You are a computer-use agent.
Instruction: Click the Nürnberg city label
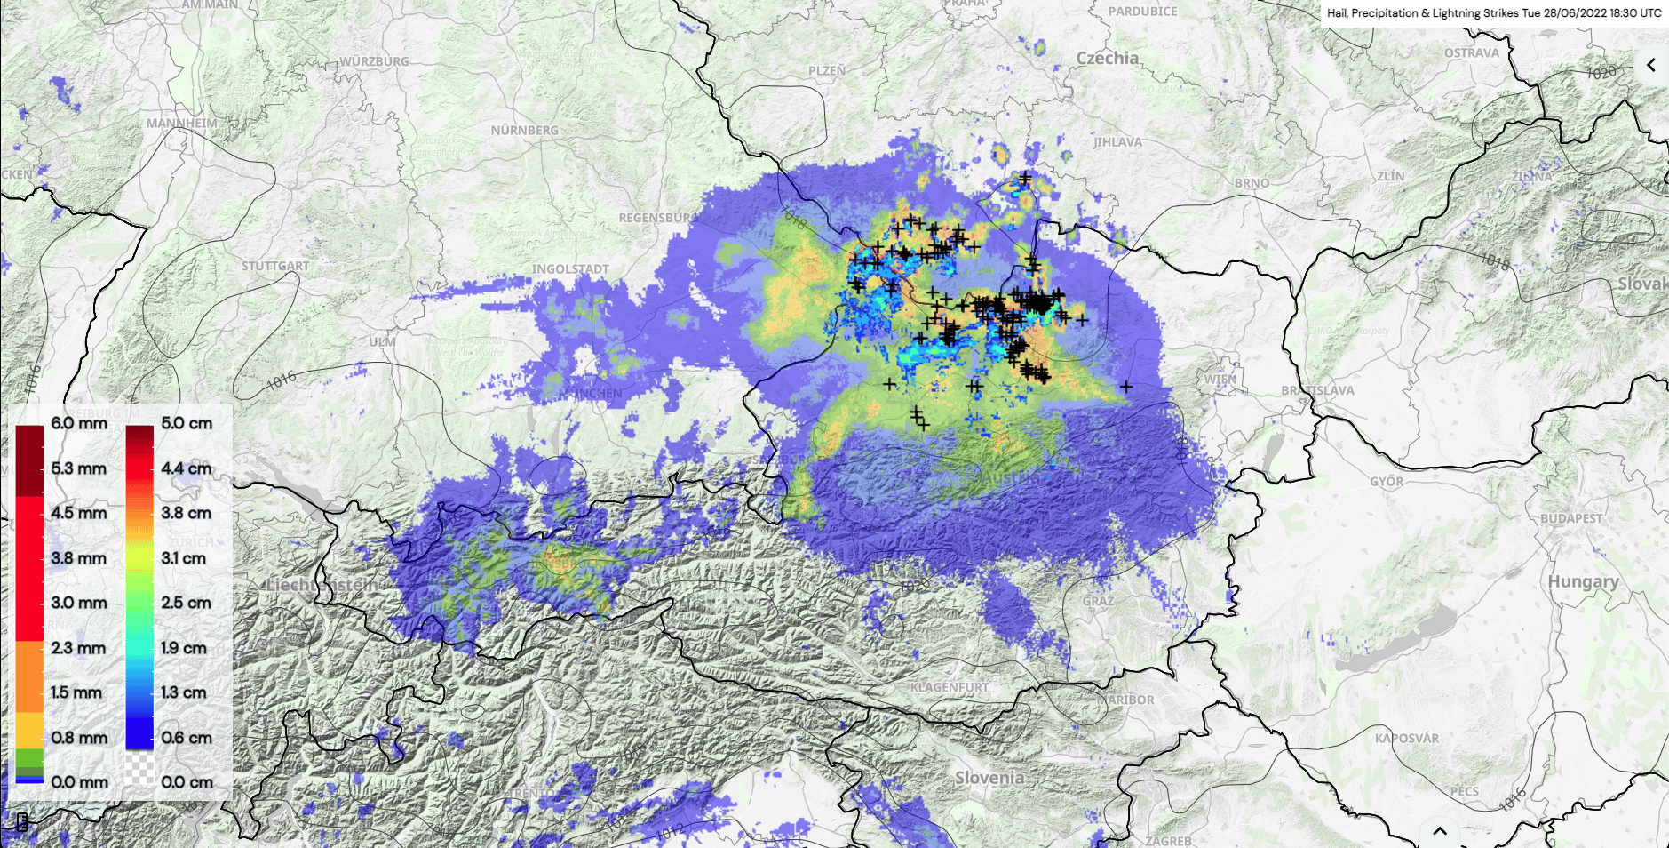[x=524, y=131]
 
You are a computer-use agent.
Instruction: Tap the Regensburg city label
[x=657, y=218]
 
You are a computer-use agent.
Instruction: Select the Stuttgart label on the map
[x=275, y=266]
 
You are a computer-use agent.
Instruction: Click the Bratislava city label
[x=1317, y=390]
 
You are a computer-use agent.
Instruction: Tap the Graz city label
[x=1098, y=601]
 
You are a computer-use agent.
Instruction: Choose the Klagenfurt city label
[x=950, y=687]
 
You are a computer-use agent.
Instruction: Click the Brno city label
[x=1252, y=183]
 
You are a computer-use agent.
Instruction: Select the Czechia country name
[x=1107, y=59]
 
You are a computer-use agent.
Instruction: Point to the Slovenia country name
[x=989, y=778]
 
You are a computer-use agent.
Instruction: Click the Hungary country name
[x=1583, y=581]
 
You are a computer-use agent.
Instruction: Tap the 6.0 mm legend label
[x=79, y=423]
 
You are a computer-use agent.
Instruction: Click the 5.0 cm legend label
[x=187, y=423]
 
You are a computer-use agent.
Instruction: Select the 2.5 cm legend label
[x=187, y=603]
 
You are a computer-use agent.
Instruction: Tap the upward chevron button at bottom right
[x=1440, y=832]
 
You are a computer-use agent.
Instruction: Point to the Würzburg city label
[x=374, y=61]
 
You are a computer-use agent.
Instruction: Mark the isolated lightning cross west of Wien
[x=1126, y=387]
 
